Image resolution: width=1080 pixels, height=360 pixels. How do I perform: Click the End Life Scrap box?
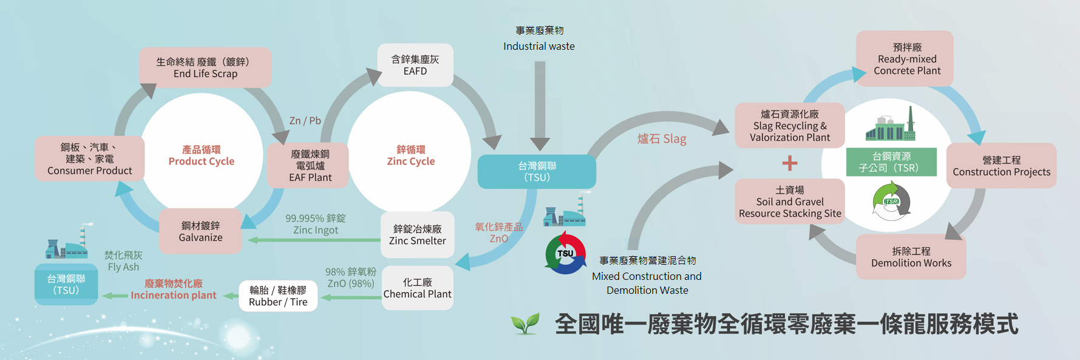[205, 67]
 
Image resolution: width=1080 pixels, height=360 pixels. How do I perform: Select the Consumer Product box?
[90, 159]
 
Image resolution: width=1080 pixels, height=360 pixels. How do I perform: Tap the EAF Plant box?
[310, 166]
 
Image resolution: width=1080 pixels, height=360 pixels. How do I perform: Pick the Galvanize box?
[200, 231]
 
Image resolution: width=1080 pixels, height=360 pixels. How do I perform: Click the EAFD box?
[415, 65]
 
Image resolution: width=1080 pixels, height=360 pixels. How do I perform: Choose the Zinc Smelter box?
[417, 235]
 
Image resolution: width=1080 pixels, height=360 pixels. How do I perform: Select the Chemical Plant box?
[417, 288]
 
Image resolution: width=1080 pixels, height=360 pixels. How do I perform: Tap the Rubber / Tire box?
[278, 296]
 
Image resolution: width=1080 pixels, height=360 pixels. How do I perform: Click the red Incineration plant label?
[174, 290]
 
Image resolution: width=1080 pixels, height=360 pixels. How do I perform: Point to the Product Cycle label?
[201, 155]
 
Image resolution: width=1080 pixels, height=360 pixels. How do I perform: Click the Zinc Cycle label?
[411, 155]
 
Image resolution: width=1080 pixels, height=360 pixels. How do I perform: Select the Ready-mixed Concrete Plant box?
[906, 59]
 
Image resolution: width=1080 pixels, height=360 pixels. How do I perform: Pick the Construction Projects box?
[1001, 166]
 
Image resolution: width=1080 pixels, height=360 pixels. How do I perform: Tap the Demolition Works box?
[911, 257]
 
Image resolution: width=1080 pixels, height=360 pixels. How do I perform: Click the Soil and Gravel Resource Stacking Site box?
[789, 202]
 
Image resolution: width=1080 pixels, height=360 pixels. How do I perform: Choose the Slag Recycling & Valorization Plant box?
[789, 126]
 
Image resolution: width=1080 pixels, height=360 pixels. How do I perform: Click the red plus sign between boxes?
[790, 163]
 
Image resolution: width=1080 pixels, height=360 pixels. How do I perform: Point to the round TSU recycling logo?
[565, 253]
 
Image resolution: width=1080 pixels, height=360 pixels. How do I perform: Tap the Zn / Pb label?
[305, 121]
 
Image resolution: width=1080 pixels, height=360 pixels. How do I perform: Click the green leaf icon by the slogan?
[525, 324]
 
